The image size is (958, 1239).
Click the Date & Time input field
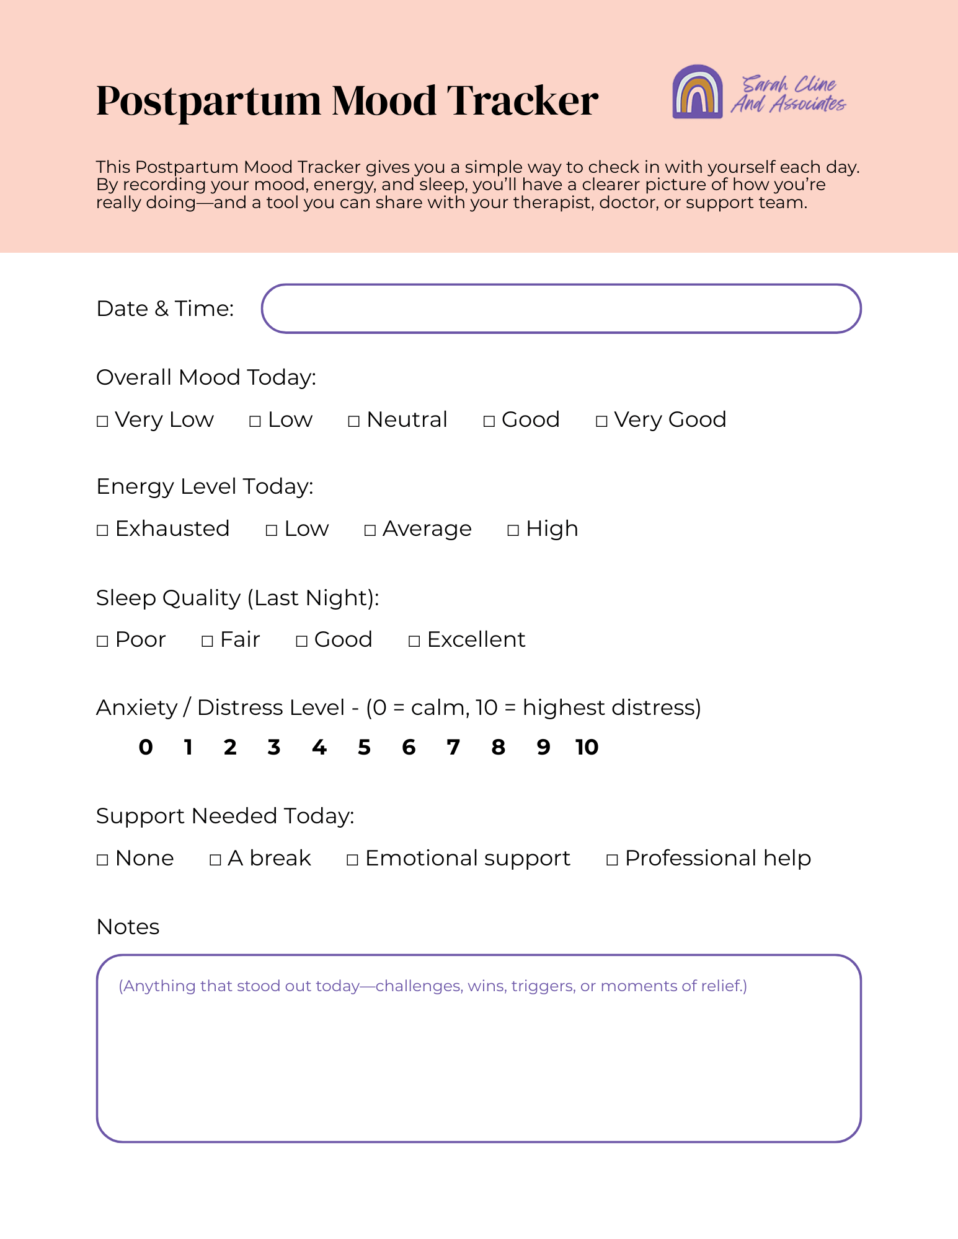pos(561,309)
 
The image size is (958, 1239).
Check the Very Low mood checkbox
pos(103,422)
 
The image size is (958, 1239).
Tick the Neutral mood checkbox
pos(354,422)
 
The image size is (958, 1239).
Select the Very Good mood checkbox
pos(601,422)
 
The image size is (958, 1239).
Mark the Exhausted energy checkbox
pos(103,530)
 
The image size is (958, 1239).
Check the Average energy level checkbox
pos(370,530)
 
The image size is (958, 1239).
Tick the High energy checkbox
pos(513,530)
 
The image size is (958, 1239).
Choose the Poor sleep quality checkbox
pos(103,641)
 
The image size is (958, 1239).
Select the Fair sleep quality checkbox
pos(208,641)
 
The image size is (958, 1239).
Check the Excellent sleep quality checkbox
pos(414,641)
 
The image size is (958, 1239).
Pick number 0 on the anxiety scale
pos(146,748)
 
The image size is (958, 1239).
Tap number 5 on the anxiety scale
pos(364,748)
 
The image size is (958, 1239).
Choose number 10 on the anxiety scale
pos(587,748)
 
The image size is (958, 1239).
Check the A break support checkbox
pos(216,860)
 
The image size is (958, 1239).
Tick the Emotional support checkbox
pos(353,860)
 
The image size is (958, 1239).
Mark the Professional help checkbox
pos(612,860)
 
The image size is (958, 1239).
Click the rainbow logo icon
pos(698,92)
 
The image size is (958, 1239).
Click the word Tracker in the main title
pos(523,100)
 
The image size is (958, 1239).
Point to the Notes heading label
pos(128,927)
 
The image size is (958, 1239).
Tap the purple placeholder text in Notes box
pos(433,986)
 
